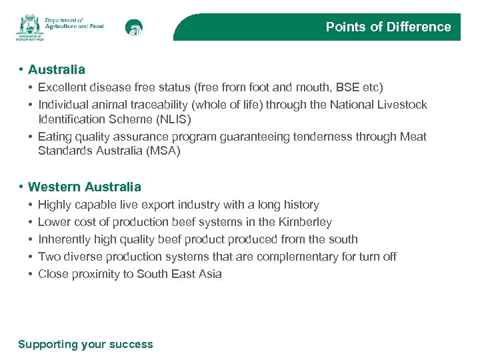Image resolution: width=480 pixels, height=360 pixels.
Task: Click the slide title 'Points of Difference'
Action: (x=388, y=27)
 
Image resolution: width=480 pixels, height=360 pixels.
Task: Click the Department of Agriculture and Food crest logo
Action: (x=29, y=27)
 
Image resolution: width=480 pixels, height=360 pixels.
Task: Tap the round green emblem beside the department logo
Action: (x=133, y=27)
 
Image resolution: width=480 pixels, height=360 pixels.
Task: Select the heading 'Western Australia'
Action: (x=85, y=187)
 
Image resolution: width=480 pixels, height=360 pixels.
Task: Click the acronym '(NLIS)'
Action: (x=172, y=119)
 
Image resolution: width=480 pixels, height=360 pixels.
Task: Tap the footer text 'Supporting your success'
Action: (x=85, y=345)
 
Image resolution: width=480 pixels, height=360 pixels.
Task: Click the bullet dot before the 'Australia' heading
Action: (x=22, y=69)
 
